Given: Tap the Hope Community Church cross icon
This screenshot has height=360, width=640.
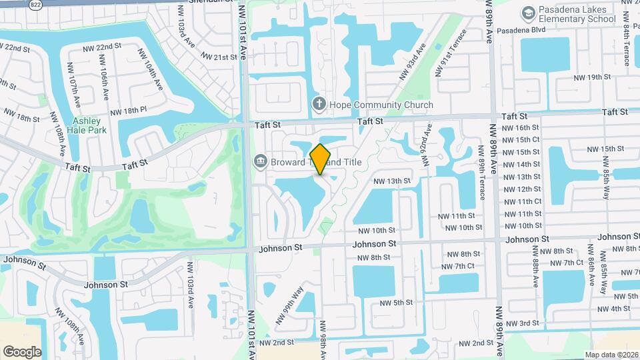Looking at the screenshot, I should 319,105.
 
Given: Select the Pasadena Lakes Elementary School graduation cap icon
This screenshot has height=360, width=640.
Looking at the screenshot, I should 529,13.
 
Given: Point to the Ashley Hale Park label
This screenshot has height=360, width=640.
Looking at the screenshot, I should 87,125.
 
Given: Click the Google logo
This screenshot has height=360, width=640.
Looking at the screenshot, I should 22,351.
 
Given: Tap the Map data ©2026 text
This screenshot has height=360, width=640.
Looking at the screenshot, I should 611,355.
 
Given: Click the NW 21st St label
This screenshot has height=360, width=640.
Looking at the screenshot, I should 217,57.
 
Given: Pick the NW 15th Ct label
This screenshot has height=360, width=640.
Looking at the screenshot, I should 521,139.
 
